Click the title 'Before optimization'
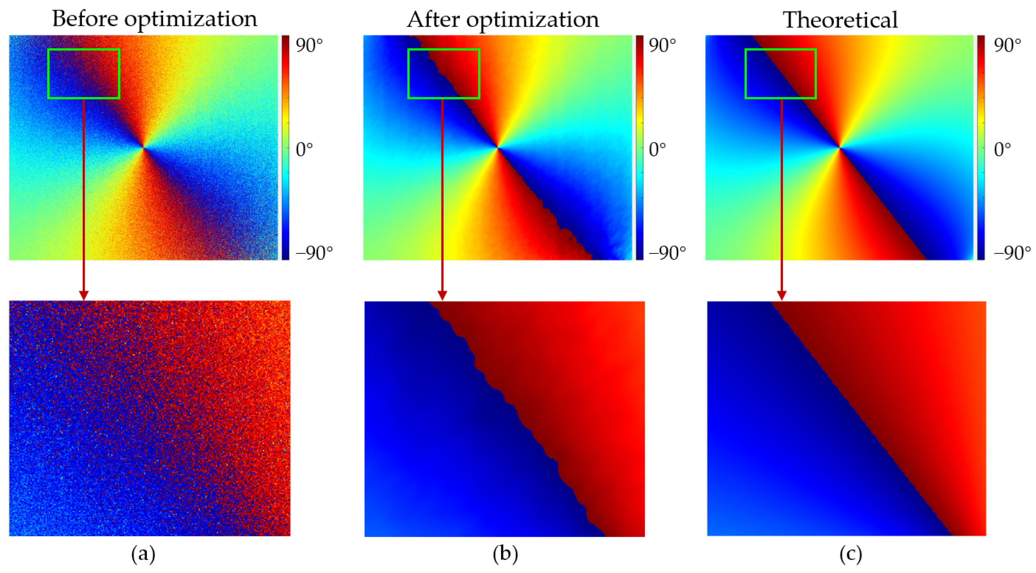point(154,19)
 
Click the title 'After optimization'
point(503,19)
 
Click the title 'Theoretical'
point(840,20)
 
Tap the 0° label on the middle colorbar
point(657,149)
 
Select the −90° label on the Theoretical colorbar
point(1012,253)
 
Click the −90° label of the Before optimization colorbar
point(314,253)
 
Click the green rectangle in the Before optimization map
point(84,50)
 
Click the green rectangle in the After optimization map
point(444,50)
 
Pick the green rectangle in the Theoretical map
point(780,50)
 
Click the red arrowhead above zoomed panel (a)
point(84,295)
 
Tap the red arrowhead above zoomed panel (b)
point(442,295)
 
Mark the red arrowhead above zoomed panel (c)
point(782,295)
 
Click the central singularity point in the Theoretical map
point(840,147)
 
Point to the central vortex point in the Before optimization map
point(144,147)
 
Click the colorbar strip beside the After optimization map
point(640,147)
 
